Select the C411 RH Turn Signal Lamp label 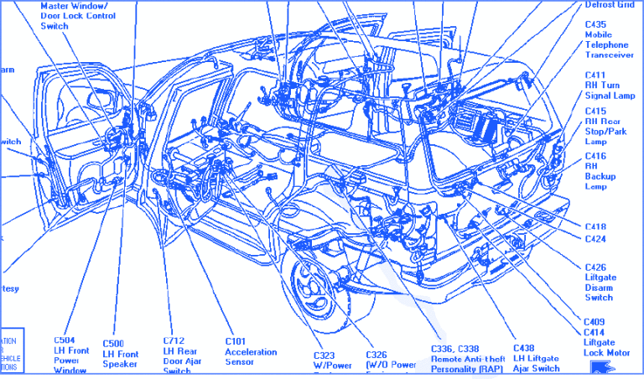609,86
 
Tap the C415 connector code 596,111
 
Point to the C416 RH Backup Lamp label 600,171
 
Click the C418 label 596,226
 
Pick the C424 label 596,239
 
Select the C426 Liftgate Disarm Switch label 599,283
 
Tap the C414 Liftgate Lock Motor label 605,343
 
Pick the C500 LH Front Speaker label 120,354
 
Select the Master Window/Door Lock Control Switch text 78,16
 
